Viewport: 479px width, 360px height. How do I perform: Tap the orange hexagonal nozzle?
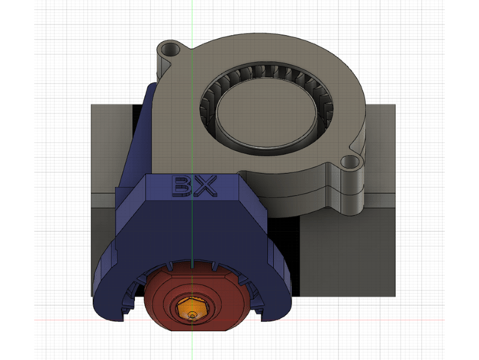pyautogui.click(x=192, y=308)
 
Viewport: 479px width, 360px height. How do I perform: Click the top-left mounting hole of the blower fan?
pyautogui.click(x=169, y=52)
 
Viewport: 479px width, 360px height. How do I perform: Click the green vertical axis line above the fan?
pyautogui.click(x=193, y=23)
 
